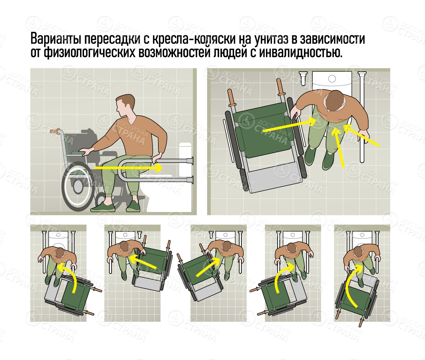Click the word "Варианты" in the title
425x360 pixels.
coord(56,39)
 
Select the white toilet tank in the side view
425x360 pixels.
coord(185,159)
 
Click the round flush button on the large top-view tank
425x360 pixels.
coord(332,79)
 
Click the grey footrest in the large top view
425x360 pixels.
coord(274,179)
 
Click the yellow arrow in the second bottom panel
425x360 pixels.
coord(142,262)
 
